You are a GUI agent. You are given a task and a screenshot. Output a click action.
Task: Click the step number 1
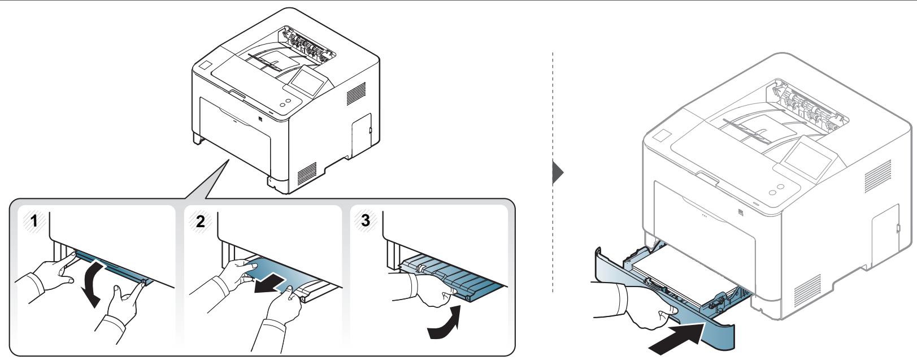pos(34,221)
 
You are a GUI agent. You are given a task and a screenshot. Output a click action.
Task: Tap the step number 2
pos(200,221)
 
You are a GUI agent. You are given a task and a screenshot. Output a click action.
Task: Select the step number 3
pos(365,220)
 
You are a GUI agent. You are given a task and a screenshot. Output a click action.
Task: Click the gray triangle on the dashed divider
pos(558,173)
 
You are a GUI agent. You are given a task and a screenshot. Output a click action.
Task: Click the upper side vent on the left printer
pos(356,94)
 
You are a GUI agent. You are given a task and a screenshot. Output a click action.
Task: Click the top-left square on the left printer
pos(205,65)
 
